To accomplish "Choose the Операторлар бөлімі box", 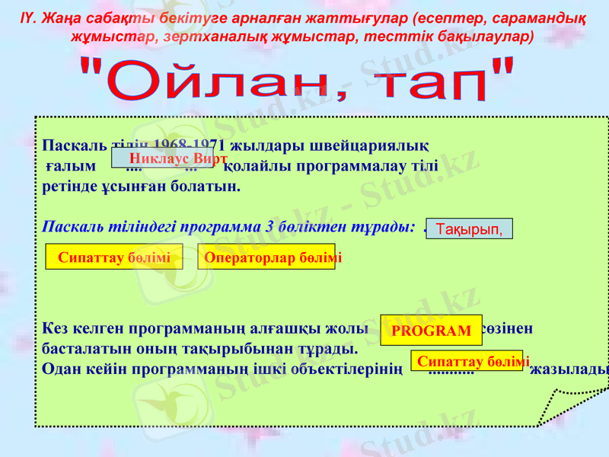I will pyautogui.click(x=266, y=257).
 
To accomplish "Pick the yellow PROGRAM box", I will pyautogui.click(x=431, y=331).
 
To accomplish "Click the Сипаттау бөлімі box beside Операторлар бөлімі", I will pyautogui.click(x=114, y=257).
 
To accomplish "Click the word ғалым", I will pyautogui.click(x=71, y=165).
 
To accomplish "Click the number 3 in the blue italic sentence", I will pyautogui.click(x=269, y=227).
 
